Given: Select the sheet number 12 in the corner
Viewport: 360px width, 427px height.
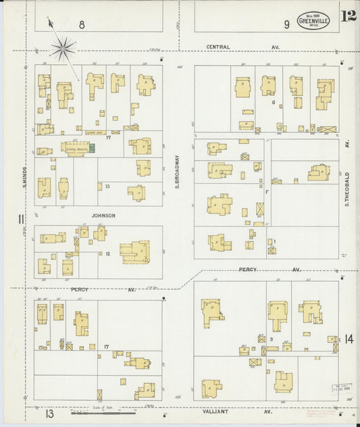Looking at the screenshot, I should [x=349, y=16].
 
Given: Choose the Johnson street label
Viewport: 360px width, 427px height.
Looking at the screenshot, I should [x=104, y=216].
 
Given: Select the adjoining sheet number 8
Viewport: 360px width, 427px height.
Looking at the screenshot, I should [x=81, y=24].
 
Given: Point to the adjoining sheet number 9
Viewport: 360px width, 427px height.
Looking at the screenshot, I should [x=286, y=24].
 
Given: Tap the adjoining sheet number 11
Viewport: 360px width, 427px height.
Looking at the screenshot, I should [x=21, y=218].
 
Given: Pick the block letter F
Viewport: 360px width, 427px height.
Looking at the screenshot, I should [x=267, y=192].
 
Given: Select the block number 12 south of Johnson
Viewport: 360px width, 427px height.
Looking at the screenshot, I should [x=107, y=254].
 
